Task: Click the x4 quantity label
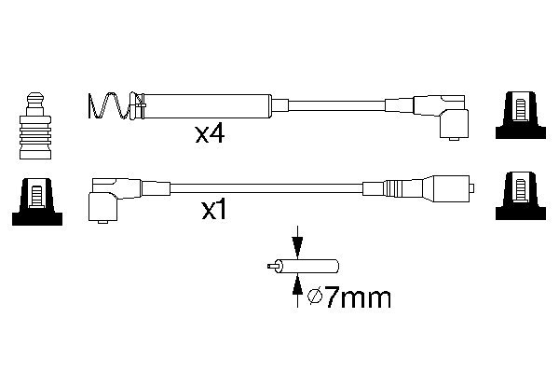(x=210, y=135)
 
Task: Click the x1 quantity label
(x=214, y=210)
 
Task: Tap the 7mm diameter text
(x=358, y=298)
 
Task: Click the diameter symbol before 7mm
(x=315, y=297)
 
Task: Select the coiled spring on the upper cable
(x=109, y=106)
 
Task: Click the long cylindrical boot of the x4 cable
(x=207, y=106)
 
